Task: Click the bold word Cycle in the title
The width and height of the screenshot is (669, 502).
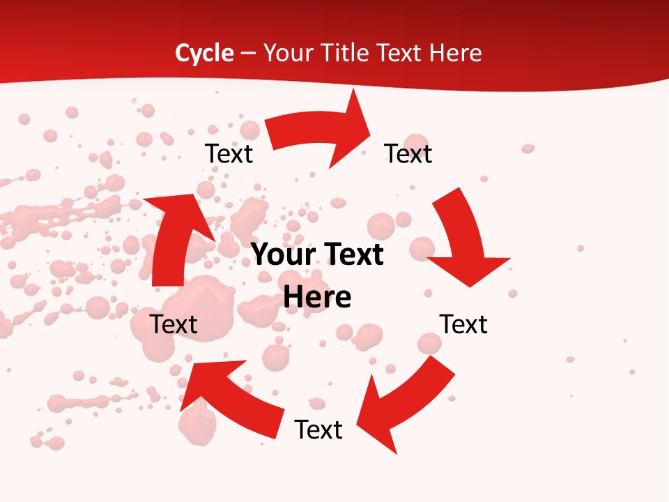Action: click(204, 53)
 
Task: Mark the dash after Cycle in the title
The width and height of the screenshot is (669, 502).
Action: click(248, 54)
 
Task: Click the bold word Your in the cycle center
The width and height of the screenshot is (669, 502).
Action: click(282, 255)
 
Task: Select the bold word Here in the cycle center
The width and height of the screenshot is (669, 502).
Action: click(317, 298)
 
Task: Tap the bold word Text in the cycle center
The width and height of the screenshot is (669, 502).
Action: click(352, 255)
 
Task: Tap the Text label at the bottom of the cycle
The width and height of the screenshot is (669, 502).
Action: click(318, 429)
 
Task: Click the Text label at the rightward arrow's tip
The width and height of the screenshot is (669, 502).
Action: click(408, 153)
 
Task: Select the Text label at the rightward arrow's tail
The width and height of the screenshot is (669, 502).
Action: click(229, 153)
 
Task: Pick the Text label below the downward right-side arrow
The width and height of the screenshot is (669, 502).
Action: click(463, 324)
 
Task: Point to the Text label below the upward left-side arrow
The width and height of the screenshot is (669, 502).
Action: click(174, 324)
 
